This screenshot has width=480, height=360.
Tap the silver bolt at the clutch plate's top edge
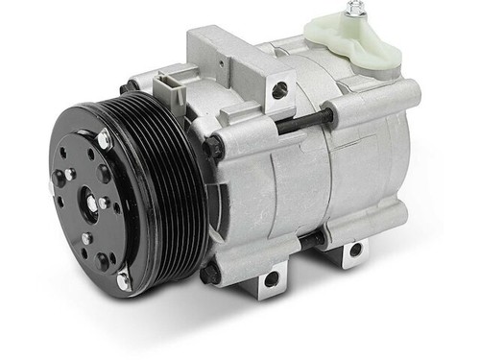pyautogui.click(x=103, y=140)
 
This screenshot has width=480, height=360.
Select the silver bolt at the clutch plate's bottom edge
pyautogui.click(x=123, y=280)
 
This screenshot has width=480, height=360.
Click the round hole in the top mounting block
pyautogui.click(x=279, y=90)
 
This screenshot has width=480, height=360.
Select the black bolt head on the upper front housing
pyautogui.click(x=213, y=146)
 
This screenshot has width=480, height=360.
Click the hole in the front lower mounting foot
pyautogui.click(x=272, y=279)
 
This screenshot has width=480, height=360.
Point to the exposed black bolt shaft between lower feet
pyautogui.click(x=312, y=240)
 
